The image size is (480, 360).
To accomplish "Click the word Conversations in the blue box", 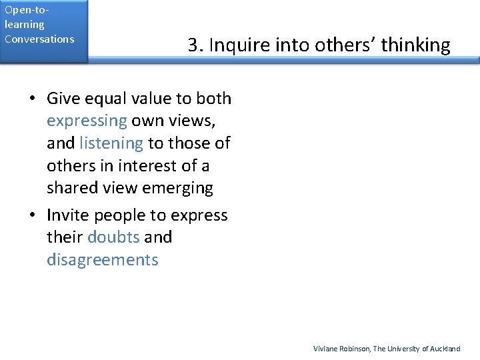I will point(39,39).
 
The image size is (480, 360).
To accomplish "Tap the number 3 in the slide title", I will point(193,45).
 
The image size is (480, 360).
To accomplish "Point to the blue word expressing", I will point(87,121).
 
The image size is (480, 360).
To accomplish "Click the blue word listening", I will point(111,143).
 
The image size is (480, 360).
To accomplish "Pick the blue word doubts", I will point(113,237).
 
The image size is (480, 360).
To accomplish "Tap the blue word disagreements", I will point(103,259).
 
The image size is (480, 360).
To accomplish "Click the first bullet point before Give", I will point(32,99).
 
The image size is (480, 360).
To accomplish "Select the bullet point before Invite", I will point(32,215).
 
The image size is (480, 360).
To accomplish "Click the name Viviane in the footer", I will point(325,349).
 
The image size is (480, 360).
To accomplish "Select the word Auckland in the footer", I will point(445,349).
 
